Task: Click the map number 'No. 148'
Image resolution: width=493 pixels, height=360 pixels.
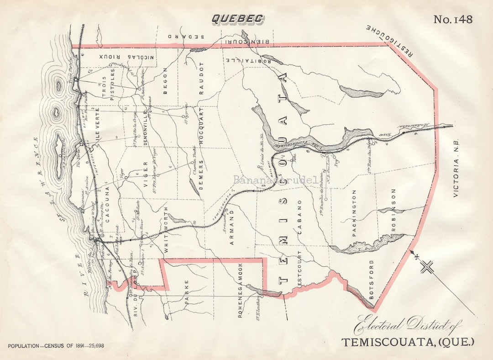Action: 452,19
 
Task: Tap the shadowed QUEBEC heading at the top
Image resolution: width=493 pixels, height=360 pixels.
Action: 237,19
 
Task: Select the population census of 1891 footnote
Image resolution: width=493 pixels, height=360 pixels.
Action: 56,345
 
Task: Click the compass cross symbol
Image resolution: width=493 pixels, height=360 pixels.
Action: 428,266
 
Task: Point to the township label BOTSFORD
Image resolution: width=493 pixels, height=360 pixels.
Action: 372,280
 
